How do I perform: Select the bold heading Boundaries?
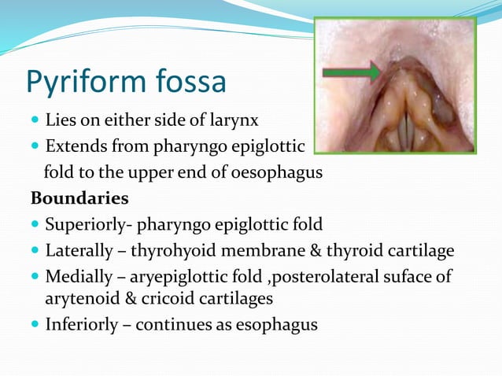79,196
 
